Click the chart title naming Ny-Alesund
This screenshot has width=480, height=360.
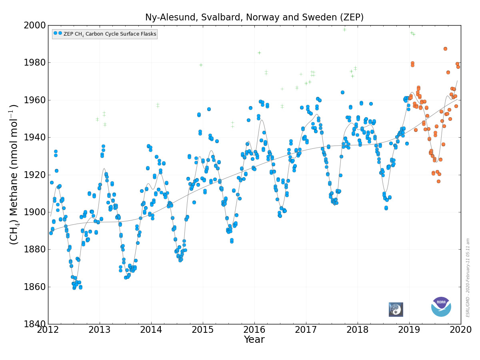pos(254,17)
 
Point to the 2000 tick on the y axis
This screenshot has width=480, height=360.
pos(34,26)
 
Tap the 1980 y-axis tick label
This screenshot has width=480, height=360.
pos(34,63)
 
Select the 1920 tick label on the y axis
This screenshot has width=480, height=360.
pos(34,175)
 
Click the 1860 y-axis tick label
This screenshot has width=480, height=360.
pos(34,287)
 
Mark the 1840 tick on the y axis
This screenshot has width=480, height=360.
pos(34,324)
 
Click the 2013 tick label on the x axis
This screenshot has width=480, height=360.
pos(100,330)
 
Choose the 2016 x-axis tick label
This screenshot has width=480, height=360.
pos(254,330)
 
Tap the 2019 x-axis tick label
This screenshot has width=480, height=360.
pos(409,330)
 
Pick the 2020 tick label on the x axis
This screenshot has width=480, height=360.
pos(460,330)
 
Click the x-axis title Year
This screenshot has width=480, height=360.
pos(254,340)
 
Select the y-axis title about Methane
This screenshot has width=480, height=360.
pos(14,174)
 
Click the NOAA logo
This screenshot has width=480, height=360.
pos(441,307)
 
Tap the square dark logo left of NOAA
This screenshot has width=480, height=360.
pos(396,310)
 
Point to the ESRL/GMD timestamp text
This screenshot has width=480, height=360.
pos(468,278)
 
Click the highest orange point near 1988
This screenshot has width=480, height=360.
pos(445,49)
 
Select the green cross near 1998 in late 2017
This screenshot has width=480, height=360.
pos(344,30)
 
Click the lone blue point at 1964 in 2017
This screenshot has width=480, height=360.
pos(342,92)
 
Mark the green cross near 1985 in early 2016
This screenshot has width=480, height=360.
pos(259,53)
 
